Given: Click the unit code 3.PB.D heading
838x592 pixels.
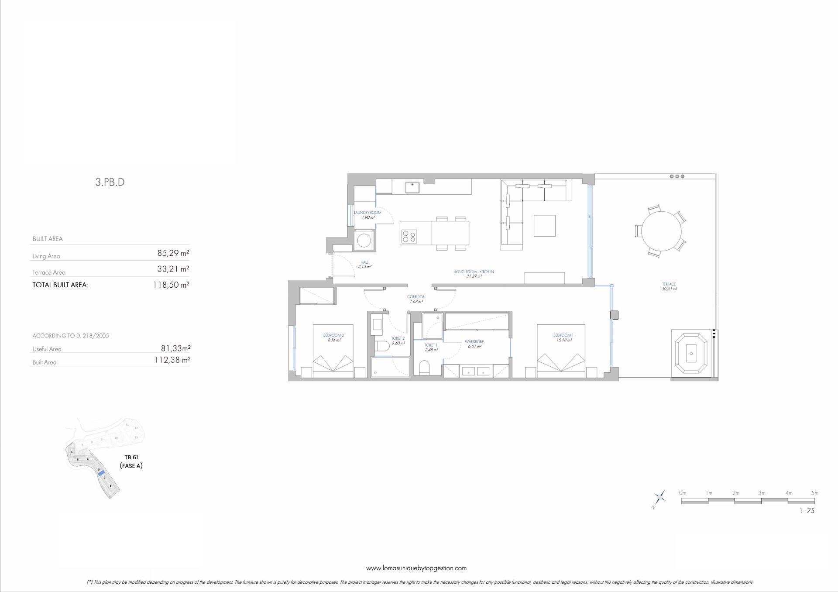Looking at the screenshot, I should tap(110, 182).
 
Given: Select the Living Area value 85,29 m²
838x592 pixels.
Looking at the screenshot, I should tap(173, 253).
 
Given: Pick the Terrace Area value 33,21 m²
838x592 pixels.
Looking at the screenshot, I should tap(173, 269).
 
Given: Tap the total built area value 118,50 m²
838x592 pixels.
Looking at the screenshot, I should tap(171, 285).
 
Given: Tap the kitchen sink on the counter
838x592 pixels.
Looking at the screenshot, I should tap(412, 187).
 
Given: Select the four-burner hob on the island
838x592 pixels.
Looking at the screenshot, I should tap(409, 237).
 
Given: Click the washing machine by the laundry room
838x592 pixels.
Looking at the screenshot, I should tap(364, 240).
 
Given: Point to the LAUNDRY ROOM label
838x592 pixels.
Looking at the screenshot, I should tap(367, 213).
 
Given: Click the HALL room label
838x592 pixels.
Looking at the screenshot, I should tap(364, 262).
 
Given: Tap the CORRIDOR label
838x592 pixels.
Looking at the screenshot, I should tap(416, 297).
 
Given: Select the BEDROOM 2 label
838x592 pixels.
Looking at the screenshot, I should tap(333, 335).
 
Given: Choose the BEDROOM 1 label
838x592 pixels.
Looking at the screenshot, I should tap(563, 335).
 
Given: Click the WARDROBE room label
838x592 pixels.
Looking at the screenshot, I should tap(474, 342).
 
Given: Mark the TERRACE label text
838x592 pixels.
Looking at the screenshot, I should tap(669, 284).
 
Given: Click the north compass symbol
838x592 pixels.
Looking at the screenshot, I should tap(659, 498).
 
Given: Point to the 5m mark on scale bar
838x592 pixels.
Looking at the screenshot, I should tap(814, 493).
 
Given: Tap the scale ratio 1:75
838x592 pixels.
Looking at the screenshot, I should tap(807, 511).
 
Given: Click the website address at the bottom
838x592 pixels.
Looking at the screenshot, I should tap(416, 568).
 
